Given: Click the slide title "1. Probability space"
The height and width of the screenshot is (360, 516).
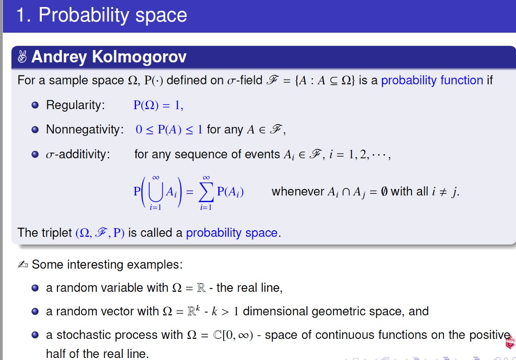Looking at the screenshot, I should [x=101, y=15].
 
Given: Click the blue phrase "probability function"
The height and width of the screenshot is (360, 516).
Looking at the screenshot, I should [x=432, y=81].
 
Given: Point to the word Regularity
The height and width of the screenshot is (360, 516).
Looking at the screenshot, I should [x=75, y=105].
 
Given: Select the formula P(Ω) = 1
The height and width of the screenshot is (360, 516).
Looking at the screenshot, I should [x=158, y=105].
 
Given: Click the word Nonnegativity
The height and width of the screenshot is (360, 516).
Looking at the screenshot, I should [x=85, y=129].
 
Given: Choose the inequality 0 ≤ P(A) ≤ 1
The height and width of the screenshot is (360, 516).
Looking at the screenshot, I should [x=169, y=129].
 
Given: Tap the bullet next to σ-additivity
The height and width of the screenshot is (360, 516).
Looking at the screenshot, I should [x=34, y=155].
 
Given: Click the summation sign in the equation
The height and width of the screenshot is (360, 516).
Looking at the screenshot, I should [x=206, y=192].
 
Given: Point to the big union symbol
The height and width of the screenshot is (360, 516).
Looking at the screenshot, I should [x=156, y=192].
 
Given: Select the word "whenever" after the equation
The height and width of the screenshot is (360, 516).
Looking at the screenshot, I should [x=298, y=192].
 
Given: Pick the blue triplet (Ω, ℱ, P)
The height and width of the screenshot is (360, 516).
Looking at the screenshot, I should [x=100, y=233].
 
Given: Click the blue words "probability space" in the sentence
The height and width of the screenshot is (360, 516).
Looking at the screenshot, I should [x=232, y=233].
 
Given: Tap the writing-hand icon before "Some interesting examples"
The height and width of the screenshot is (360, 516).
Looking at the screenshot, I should [x=23, y=265].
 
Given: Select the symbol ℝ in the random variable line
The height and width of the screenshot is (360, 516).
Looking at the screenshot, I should [x=202, y=288].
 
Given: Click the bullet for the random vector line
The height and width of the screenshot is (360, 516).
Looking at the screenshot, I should [x=34, y=312].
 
